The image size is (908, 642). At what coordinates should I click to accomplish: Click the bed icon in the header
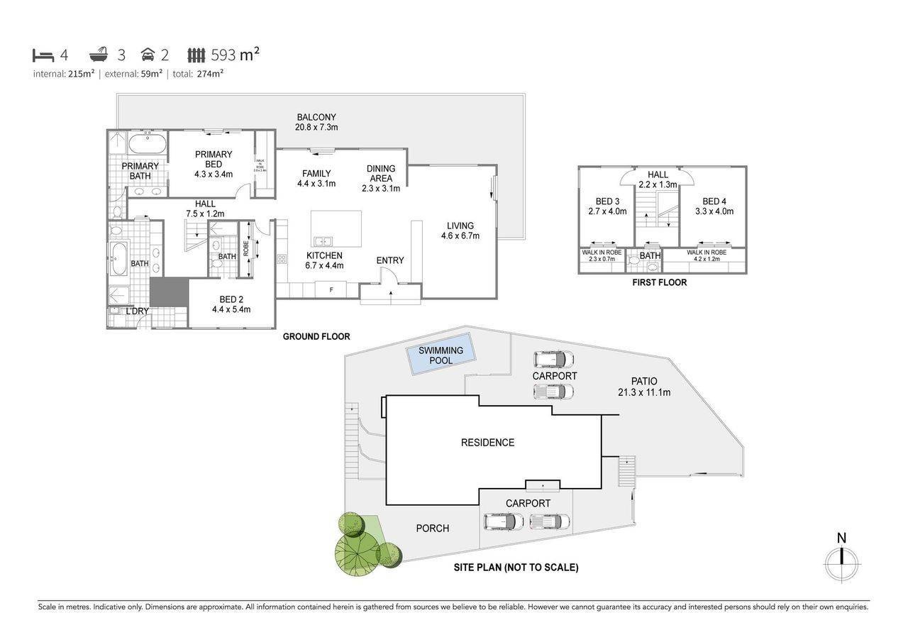(43, 55)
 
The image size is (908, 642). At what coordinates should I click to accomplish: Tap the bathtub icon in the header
(99, 55)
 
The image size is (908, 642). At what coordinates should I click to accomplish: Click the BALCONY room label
(316, 122)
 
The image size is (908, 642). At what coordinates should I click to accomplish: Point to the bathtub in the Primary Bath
(148, 145)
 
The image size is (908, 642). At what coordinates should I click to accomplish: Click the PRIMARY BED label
(214, 164)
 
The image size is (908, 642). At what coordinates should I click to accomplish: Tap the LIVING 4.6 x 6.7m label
(460, 231)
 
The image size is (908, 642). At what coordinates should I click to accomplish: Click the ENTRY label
(390, 260)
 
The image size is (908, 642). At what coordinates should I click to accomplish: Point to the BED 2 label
(231, 304)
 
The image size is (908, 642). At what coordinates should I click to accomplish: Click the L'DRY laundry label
(136, 311)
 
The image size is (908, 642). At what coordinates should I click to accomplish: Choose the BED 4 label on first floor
(714, 206)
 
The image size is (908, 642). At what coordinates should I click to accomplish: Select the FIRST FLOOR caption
(659, 282)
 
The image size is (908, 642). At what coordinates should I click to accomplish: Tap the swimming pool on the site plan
(441, 355)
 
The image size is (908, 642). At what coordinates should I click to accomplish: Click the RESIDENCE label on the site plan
(487, 443)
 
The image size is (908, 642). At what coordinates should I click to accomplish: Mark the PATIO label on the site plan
(643, 387)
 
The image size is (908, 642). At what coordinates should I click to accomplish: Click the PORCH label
(432, 528)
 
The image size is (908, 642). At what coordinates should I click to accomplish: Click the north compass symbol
(842, 564)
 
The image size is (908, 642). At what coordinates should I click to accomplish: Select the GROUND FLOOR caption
(316, 337)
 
